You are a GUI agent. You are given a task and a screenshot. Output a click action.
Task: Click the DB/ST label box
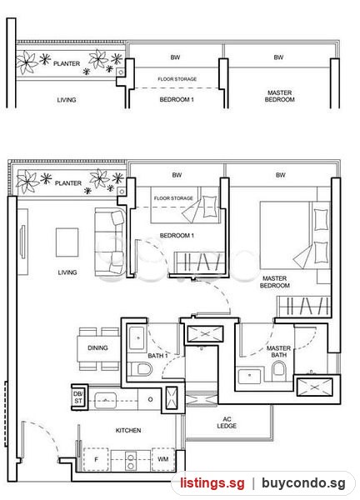pos(78,397)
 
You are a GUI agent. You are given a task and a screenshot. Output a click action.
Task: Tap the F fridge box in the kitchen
pos(96,459)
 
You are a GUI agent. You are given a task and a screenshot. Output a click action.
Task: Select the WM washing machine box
pos(163,459)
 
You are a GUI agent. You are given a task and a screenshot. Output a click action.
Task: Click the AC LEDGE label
pos(227,422)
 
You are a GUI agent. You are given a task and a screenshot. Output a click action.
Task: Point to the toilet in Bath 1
pos(140,369)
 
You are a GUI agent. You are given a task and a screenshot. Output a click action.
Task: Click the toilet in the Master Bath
pos(278,372)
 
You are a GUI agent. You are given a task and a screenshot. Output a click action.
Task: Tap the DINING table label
pos(97,347)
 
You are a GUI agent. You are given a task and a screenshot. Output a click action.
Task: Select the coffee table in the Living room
pos(67,242)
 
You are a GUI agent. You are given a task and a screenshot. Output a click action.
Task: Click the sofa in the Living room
pos(110,242)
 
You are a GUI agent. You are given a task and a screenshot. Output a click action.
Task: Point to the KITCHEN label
pos(128,431)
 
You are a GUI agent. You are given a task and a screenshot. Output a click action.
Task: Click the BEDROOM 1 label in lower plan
pos(177,236)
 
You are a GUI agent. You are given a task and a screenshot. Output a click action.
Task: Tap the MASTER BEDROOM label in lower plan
pos(274,282)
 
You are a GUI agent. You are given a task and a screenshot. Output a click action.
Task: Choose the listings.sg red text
pos(212,483)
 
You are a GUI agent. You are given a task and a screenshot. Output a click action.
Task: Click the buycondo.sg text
pos(303,483)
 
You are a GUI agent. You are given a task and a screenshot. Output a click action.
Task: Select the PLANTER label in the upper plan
pos(67,64)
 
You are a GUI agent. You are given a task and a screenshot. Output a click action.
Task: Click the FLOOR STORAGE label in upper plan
pos(177,79)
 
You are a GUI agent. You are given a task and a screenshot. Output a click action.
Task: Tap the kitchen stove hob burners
pos(130,462)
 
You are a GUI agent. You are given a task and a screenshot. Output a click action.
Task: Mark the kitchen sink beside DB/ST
pos(106,400)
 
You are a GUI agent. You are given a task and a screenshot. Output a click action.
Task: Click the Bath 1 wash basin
pos(137,338)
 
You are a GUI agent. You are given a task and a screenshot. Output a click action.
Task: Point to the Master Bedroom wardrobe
pos(303,306)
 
